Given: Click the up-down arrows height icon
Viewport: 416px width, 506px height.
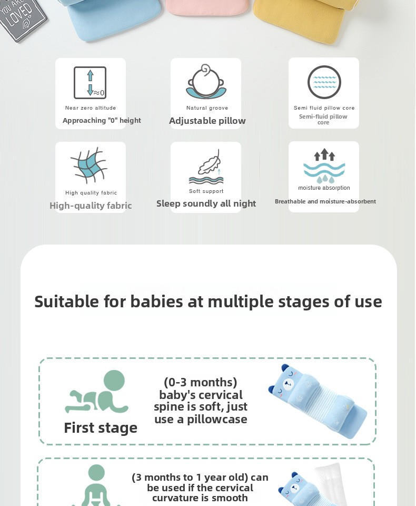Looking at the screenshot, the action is click(90, 83).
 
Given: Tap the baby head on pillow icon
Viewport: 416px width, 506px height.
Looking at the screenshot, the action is click(206, 81).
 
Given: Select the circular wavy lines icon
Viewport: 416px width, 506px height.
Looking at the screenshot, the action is click(324, 82).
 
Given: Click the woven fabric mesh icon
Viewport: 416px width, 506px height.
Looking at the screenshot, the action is click(88, 165).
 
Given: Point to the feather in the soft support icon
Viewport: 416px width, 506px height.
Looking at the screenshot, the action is click(210, 163).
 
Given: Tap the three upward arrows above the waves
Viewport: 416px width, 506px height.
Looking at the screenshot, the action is click(324, 155).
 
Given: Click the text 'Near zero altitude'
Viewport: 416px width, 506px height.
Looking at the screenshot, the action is click(91, 108).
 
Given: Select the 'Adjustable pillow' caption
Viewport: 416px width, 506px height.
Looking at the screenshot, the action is click(207, 121).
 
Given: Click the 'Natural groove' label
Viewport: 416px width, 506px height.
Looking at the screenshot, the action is click(207, 108).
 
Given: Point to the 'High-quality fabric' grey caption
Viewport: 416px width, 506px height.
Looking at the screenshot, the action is click(91, 206).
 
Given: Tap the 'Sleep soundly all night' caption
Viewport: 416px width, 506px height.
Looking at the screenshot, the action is click(206, 203).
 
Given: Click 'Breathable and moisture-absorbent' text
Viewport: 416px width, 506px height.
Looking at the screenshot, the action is click(325, 201).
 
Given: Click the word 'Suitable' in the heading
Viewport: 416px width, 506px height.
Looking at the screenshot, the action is click(67, 301).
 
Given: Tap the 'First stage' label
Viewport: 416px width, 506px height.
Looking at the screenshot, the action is click(101, 428).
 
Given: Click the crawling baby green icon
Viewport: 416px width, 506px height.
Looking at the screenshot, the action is click(97, 392).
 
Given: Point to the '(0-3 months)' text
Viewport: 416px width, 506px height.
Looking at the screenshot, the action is click(201, 383).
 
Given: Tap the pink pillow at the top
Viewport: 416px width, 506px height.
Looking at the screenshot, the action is click(207, 7).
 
